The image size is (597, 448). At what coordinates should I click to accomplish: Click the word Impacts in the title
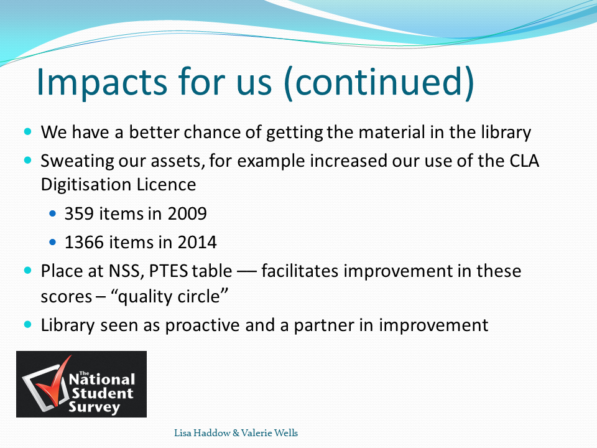[102, 82]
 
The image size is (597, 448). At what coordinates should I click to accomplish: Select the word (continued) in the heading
[379, 83]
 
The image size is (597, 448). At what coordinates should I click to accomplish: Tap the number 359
[79, 213]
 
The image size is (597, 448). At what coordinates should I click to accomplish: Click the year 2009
[187, 213]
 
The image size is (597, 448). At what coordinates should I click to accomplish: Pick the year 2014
[197, 242]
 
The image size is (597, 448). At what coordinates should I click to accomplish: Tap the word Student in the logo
[103, 393]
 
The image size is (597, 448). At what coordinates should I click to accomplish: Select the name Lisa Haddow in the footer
[202, 433]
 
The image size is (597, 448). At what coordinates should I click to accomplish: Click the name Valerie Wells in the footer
[269, 433]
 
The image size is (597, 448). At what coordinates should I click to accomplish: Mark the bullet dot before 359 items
[52, 213]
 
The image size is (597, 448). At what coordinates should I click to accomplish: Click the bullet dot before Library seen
[27, 325]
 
